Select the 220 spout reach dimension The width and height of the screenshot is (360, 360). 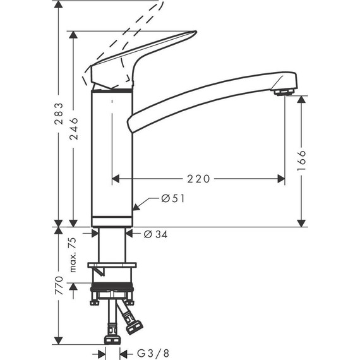click(x=198, y=179)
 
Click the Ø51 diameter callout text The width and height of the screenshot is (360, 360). click(x=172, y=198)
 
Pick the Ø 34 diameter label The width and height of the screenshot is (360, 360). click(x=155, y=234)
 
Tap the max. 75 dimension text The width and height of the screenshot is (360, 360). click(x=73, y=254)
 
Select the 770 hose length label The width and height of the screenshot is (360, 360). click(x=58, y=286)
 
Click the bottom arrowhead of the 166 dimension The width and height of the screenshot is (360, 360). click(x=301, y=222)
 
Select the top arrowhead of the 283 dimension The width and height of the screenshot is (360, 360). click(x=58, y=5)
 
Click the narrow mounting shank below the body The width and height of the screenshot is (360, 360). click(x=112, y=243)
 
